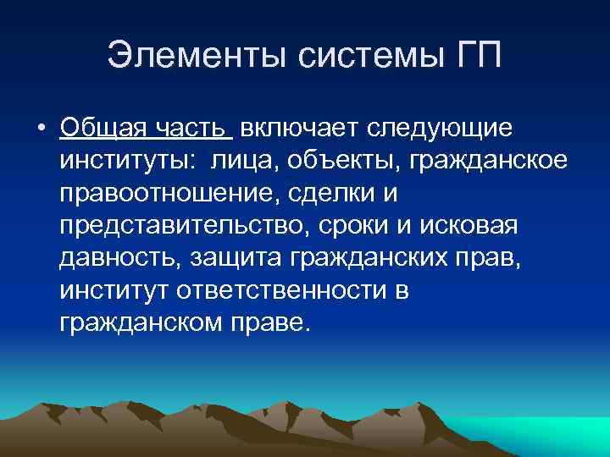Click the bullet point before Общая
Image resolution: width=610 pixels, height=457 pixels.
point(41,129)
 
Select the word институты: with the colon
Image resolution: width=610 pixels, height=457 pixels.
point(118,161)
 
